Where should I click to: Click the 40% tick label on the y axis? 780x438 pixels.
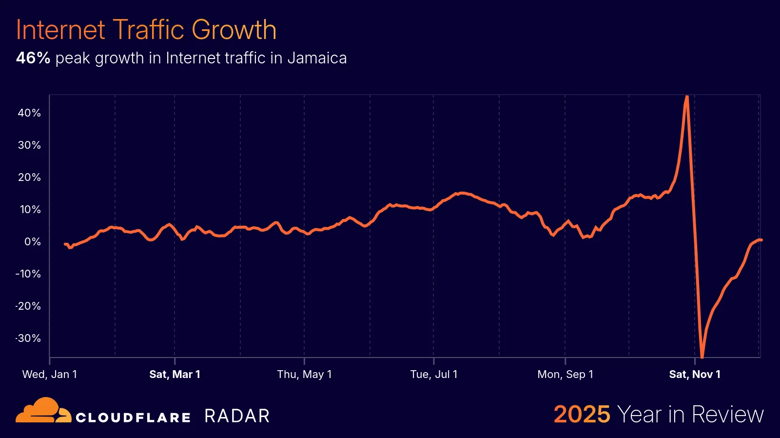tap(29, 113)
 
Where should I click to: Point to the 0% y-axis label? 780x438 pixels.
tap(33, 242)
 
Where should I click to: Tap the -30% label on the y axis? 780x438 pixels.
tap(28, 338)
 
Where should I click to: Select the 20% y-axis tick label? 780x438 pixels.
tap(29, 178)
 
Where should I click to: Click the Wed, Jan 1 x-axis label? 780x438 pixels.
tap(50, 375)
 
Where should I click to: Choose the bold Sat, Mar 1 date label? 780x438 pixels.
tap(175, 375)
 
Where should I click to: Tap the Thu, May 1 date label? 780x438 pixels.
tap(304, 375)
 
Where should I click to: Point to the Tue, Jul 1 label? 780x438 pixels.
tap(434, 375)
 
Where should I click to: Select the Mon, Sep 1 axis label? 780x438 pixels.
tap(565, 375)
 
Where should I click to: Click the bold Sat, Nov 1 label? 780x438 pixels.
tap(695, 375)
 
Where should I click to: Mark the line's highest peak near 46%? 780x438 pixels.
tap(686, 97)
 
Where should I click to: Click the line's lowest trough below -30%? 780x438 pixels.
tap(702, 357)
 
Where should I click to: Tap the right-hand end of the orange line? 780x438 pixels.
tap(760, 240)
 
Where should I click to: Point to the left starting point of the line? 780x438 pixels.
tap(65, 244)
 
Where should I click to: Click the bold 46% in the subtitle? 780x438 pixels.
tap(33, 58)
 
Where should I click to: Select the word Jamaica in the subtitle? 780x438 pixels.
tap(317, 58)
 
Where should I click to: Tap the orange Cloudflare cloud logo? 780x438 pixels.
tap(43, 411)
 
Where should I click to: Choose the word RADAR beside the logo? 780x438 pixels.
tap(237, 416)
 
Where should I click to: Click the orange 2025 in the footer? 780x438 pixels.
tap(582, 415)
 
